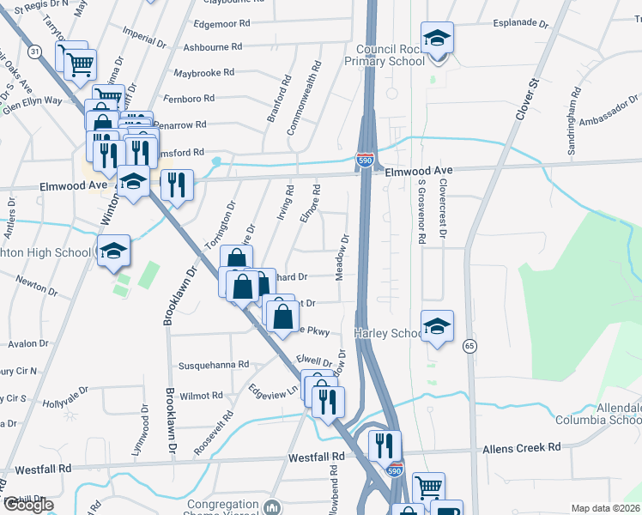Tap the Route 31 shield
coord(34,52)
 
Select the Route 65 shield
coord(469,345)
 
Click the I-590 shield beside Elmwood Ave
coord(365,160)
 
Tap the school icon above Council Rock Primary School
coord(437,39)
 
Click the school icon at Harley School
coord(437,327)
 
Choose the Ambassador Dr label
coord(609,110)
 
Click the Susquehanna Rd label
coord(213,364)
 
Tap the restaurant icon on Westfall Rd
coord(385,445)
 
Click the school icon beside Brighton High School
coord(113,251)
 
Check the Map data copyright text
coord(605,508)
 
